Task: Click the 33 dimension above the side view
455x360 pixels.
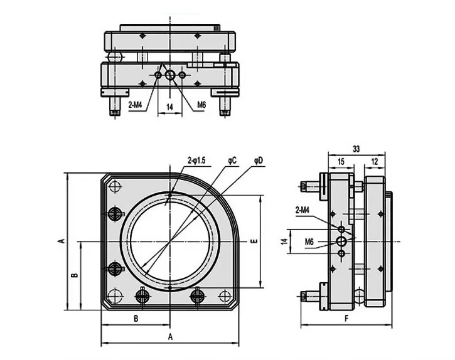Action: [x=356, y=149]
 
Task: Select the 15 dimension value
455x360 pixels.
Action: [x=341, y=162]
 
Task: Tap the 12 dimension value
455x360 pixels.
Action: [x=375, y=162]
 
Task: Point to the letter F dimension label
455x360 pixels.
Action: [x=346, y=319]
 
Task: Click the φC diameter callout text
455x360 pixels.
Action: [x=232, y=161]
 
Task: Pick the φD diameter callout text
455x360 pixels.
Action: [x=259, y=161]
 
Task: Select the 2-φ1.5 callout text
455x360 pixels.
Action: [x=196, y=161]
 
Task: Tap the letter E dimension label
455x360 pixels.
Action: [x=254, y=241]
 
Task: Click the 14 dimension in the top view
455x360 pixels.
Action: [x=169, y=107]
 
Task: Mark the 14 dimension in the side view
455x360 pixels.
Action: [x=284, y=241]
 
